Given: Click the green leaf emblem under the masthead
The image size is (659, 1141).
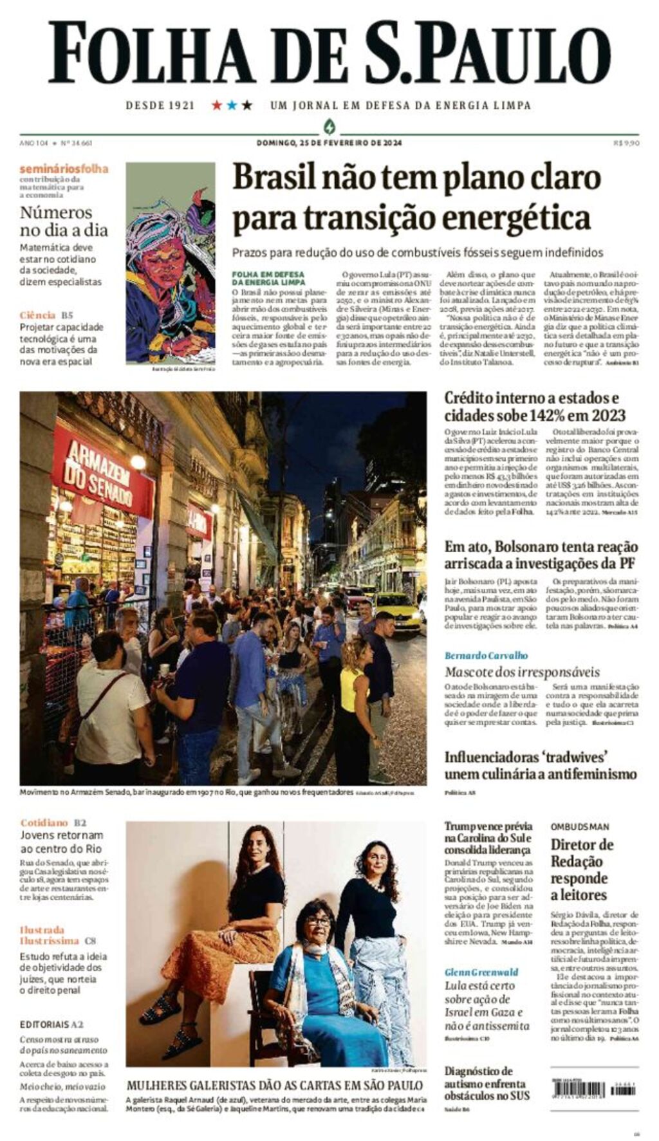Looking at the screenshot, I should (329, 126).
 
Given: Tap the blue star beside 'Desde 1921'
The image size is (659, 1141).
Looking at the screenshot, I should (232, 105).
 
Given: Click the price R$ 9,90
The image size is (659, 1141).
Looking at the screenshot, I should (626, 143).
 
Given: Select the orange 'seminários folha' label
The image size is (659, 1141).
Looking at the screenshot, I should (64, 169).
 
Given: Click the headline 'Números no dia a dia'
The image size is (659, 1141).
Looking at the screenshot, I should (64, 221).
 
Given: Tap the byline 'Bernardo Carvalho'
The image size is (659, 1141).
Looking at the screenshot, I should (486, 655).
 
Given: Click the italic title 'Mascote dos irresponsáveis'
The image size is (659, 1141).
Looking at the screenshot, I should (522, 673).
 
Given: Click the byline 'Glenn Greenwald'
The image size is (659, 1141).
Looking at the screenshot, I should (481, 972).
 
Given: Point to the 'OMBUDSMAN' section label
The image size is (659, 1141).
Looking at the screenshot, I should (579, 826).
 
